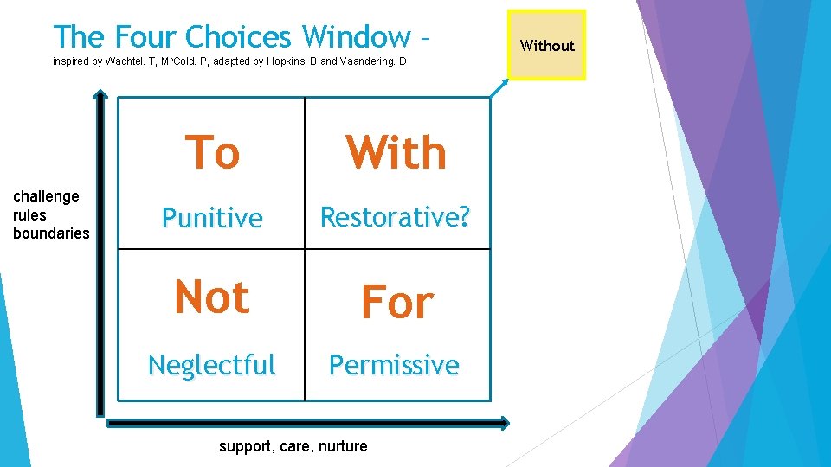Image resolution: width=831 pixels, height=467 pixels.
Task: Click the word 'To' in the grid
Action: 212,153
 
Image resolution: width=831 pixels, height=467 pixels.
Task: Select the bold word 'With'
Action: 396,153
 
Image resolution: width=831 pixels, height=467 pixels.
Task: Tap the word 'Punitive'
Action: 212,218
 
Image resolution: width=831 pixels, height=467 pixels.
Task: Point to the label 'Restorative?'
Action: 396,217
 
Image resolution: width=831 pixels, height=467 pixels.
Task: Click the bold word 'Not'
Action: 212,297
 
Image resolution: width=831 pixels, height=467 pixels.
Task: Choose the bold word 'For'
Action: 396,303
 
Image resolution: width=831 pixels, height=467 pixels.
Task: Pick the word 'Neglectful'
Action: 212,365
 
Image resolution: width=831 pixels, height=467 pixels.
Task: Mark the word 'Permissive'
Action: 394,365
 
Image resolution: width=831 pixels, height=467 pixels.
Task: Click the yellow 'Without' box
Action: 547,45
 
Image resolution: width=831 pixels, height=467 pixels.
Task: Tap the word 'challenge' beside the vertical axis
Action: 46,196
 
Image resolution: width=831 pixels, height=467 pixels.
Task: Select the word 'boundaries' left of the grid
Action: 51,233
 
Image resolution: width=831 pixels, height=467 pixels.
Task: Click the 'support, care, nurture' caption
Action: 293,446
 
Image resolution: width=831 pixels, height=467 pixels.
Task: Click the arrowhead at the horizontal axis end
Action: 505,423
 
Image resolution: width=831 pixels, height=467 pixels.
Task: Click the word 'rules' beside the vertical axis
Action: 29,214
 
